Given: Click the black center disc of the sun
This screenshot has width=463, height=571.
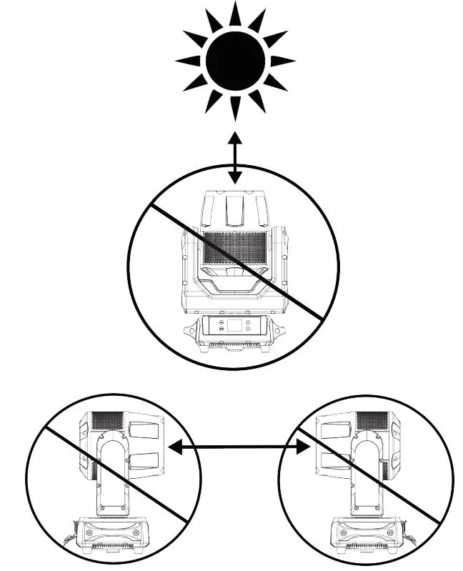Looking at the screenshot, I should pyautogui.click(x=235, y=61).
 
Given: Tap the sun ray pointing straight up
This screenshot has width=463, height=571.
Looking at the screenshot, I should pyautogui.click(x=235, y=14).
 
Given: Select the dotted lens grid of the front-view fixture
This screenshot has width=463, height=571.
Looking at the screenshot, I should pyautogui.click(x=235, y=249).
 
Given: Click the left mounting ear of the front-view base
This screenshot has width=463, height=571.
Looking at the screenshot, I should pyautogui.click(x=191, y=332).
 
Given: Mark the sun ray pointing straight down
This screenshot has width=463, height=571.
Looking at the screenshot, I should pyautogui.click(x=235, y=108).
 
